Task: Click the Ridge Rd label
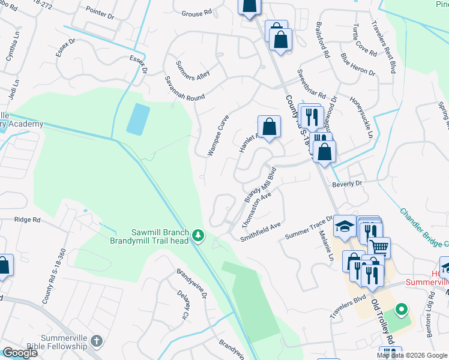tap(28, 220)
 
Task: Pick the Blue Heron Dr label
tap(358, 65)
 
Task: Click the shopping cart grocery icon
tap(379, 247)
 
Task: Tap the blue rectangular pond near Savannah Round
tap(137, 119)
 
